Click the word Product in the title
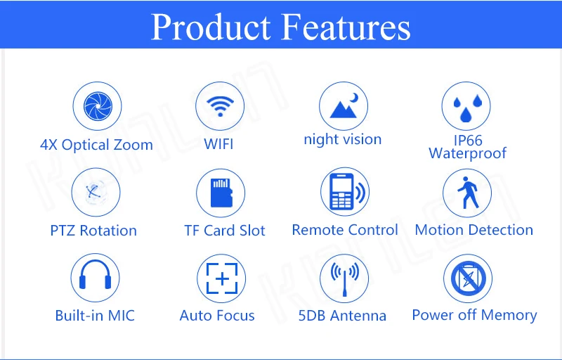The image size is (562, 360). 211,27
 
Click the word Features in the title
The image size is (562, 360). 346,27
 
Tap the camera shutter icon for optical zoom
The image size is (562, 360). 98,106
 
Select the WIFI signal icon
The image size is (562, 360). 220,106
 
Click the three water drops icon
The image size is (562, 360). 467,108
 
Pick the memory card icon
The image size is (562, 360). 221,193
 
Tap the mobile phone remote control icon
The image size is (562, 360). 345,192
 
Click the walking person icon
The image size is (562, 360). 468,193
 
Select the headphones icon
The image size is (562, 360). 95,275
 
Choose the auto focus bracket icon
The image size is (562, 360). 222,278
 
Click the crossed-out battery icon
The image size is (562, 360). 468,278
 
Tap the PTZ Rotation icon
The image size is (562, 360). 96,192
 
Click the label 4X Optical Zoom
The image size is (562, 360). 96,145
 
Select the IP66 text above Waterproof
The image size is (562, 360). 468,141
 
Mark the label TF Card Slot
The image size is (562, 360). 225,230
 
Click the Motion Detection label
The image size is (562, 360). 473,230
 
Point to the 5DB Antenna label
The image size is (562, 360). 342,316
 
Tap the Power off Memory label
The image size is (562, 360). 475,315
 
